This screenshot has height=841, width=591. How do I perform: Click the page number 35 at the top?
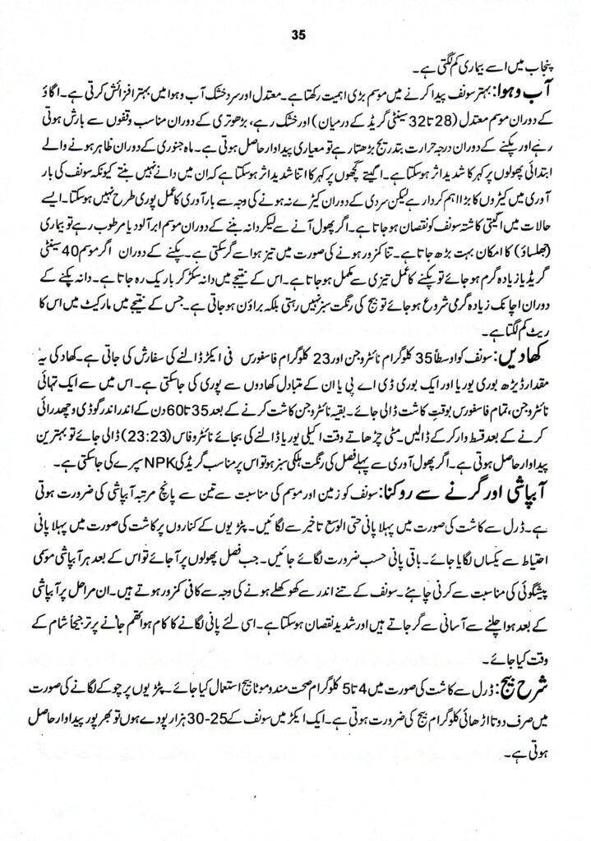pyautogui.click(x=298, y=34)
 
